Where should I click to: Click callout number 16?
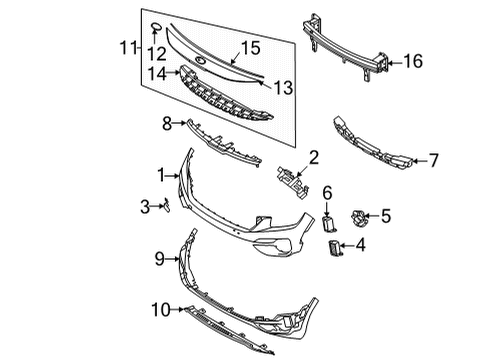tap(412, 62)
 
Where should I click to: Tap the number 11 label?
tap(125, 47)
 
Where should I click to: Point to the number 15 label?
tap(249, 47)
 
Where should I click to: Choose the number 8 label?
tap(167, 123)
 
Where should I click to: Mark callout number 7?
tap(433, 159)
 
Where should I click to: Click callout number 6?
tap(326, 189)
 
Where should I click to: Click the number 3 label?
tap(145, 206)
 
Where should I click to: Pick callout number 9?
tap(159, 259)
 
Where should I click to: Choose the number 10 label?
tap(159, 311)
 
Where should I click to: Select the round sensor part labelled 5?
tap(357, 215)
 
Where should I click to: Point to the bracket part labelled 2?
tap(290, 180)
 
